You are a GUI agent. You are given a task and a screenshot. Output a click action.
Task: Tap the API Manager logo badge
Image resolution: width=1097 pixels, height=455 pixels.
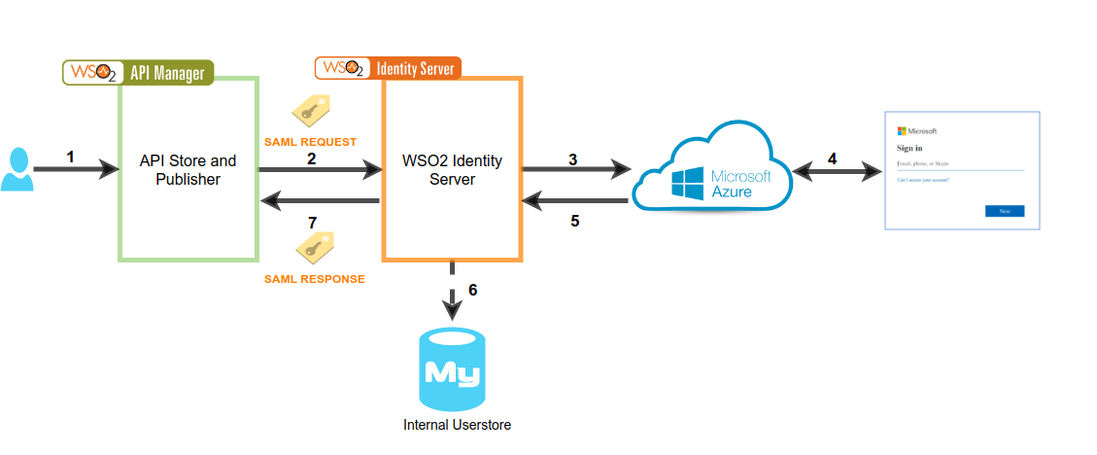click(138, 73)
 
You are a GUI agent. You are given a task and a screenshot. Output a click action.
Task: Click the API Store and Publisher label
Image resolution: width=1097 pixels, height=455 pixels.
click(188, 169)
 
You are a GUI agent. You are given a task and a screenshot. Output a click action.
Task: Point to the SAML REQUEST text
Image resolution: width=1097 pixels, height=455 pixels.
click(310, 142)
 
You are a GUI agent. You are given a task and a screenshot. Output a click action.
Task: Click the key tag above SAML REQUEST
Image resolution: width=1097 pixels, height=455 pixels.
click(312, 113)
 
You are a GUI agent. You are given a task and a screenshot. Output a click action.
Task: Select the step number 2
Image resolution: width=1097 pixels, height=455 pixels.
click(311, 157)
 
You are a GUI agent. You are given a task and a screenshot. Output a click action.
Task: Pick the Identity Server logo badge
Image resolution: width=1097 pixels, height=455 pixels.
click(388, 68)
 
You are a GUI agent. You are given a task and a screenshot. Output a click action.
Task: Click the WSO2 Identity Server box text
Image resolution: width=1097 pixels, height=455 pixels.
click(452, 169)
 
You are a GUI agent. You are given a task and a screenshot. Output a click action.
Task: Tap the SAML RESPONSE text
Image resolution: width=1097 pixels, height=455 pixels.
click(314, 279)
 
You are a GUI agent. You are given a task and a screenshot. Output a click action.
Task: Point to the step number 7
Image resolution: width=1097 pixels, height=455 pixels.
click(312, 223)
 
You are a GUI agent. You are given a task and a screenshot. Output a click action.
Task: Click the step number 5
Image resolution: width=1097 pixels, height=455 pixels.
click(575, 221)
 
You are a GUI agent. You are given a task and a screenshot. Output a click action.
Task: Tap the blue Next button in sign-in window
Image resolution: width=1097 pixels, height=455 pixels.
click(1004, 211)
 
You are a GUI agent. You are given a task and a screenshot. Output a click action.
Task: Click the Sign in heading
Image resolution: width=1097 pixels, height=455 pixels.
click(910, 148)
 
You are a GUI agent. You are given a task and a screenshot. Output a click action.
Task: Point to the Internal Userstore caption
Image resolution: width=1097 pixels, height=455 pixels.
click(457, 425)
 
